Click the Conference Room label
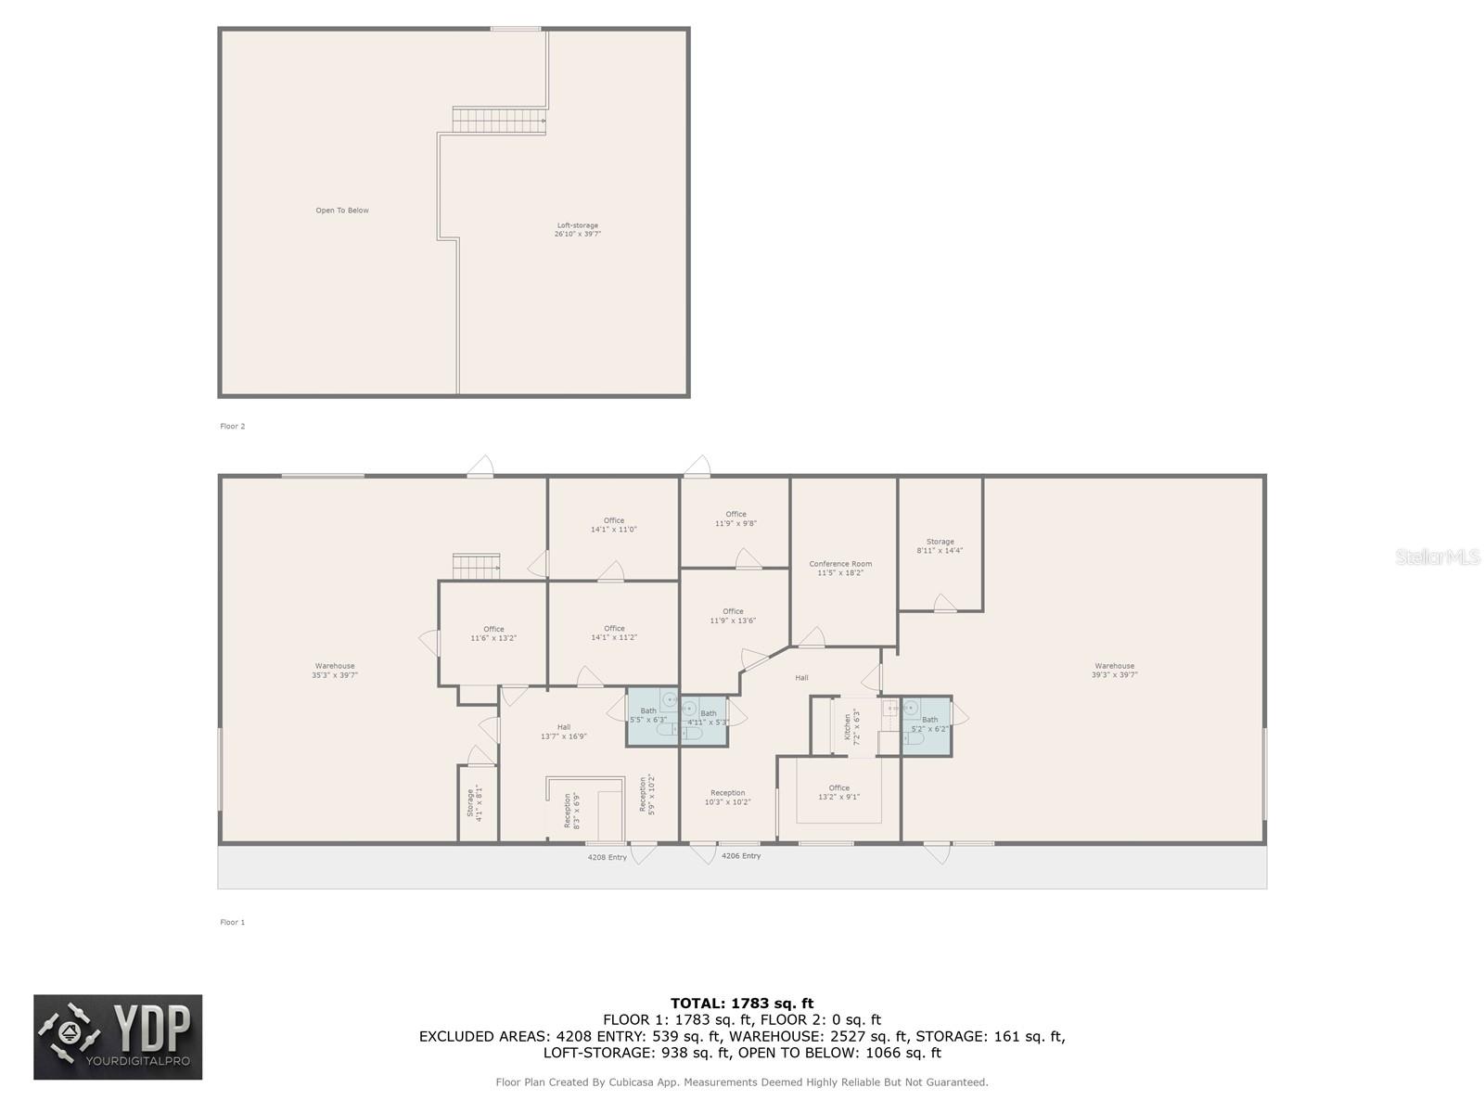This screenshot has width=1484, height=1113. pyautogui.click(x=840, y=569)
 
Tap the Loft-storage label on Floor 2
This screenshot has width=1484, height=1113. pyautogui.click(x=577, y=230)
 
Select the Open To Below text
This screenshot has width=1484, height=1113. pyautogui.click(x=342, y=211)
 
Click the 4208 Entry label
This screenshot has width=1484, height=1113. pyautogui.click(x=608, y=857)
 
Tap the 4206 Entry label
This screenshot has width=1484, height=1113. pyautogui.click(x=741, y=856)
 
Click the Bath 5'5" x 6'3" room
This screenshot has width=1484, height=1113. pyautogui.click(x=649, y=716)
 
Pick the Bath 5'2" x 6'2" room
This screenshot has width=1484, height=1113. pyautogui.click(x=929, y=724)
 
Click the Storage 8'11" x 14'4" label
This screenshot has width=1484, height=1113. pyautogui.click(x=940, y=546)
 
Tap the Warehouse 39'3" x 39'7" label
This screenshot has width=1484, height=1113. pyautogui.click(x=1114, y=671)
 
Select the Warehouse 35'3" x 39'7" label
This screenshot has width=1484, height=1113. pyautogui.click(x=335, y=671)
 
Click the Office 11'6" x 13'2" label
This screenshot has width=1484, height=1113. pyautogui.click(x=493, y=633)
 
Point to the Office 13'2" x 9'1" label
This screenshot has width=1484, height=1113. pyautogui.click(x=838, y=792)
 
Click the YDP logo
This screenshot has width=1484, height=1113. pyautogui.click(x=118, y=1037)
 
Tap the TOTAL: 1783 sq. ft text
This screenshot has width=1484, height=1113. pyautogui.click(x=742, y=1003)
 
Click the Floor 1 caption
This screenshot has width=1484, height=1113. pyautogui.click(x=232, y=922)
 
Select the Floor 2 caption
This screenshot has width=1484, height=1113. pyautogui.click(x=232, y=427)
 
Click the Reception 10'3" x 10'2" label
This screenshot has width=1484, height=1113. pyautogui.click(x=728, y=798)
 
